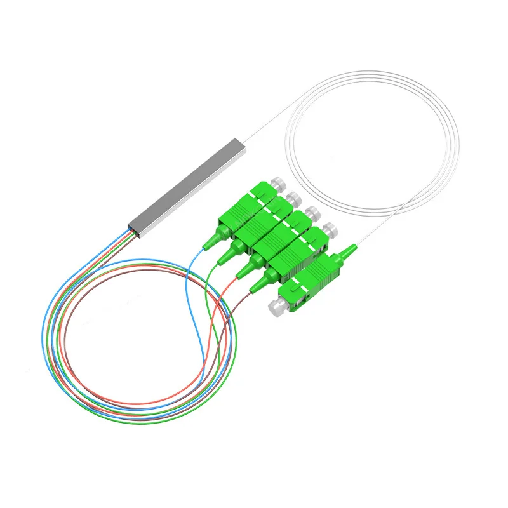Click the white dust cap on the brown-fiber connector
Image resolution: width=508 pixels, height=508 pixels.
(328, 229)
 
